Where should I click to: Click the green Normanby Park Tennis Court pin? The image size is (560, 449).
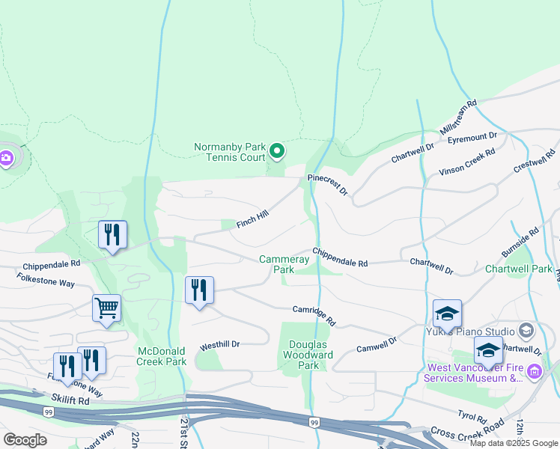click(277, 152)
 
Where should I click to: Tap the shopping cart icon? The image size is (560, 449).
click(106, 308)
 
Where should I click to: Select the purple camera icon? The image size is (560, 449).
click(6, 158)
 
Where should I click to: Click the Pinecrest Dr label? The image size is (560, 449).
click(328, 185)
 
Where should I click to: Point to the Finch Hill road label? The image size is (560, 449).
click(252, 219)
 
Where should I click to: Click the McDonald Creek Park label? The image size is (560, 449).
click(162, 356)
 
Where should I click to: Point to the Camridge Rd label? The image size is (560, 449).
click(314, 315)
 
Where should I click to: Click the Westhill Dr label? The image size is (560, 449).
click(219, 346)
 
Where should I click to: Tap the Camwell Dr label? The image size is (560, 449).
click(377, 344)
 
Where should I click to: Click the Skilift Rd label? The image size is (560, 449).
click(71, 401)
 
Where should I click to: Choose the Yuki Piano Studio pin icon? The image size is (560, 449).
click(526, 331)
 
